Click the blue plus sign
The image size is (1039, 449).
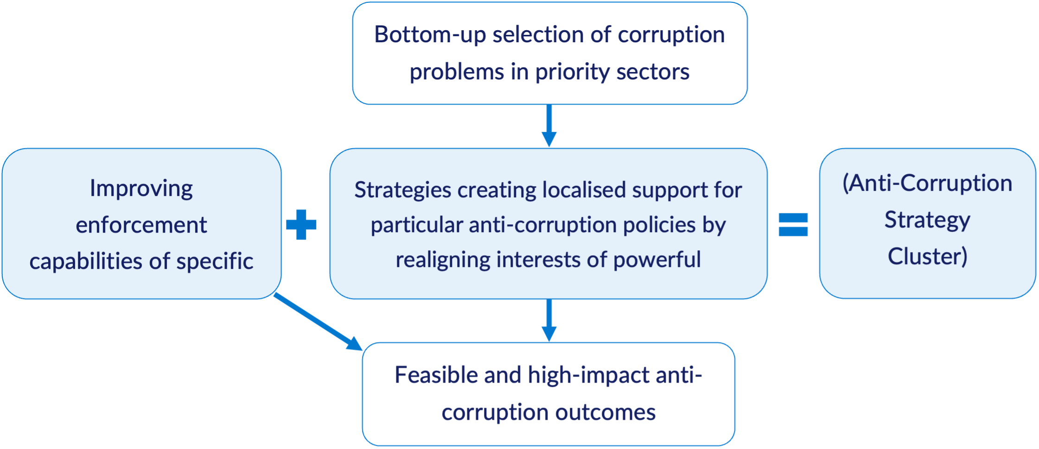click(x=301, y=225)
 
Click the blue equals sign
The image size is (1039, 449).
click(x=793, y=225)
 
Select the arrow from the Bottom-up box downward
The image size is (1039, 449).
click(x=549, y=126)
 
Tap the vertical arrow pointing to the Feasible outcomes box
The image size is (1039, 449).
click(x=549, y=320)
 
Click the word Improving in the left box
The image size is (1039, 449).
click(x=141, y=189)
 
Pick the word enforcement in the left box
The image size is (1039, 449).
click(x=141, y=226)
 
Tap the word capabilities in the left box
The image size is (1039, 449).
click(x=88, y=261)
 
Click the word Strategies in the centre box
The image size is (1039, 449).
click(x=402, y=190)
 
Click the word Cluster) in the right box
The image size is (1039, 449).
click(x=927, y=256)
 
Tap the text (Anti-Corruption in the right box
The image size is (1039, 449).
click(x=927, y=183)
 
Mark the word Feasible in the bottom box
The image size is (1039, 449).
click(x=436, y=375)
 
